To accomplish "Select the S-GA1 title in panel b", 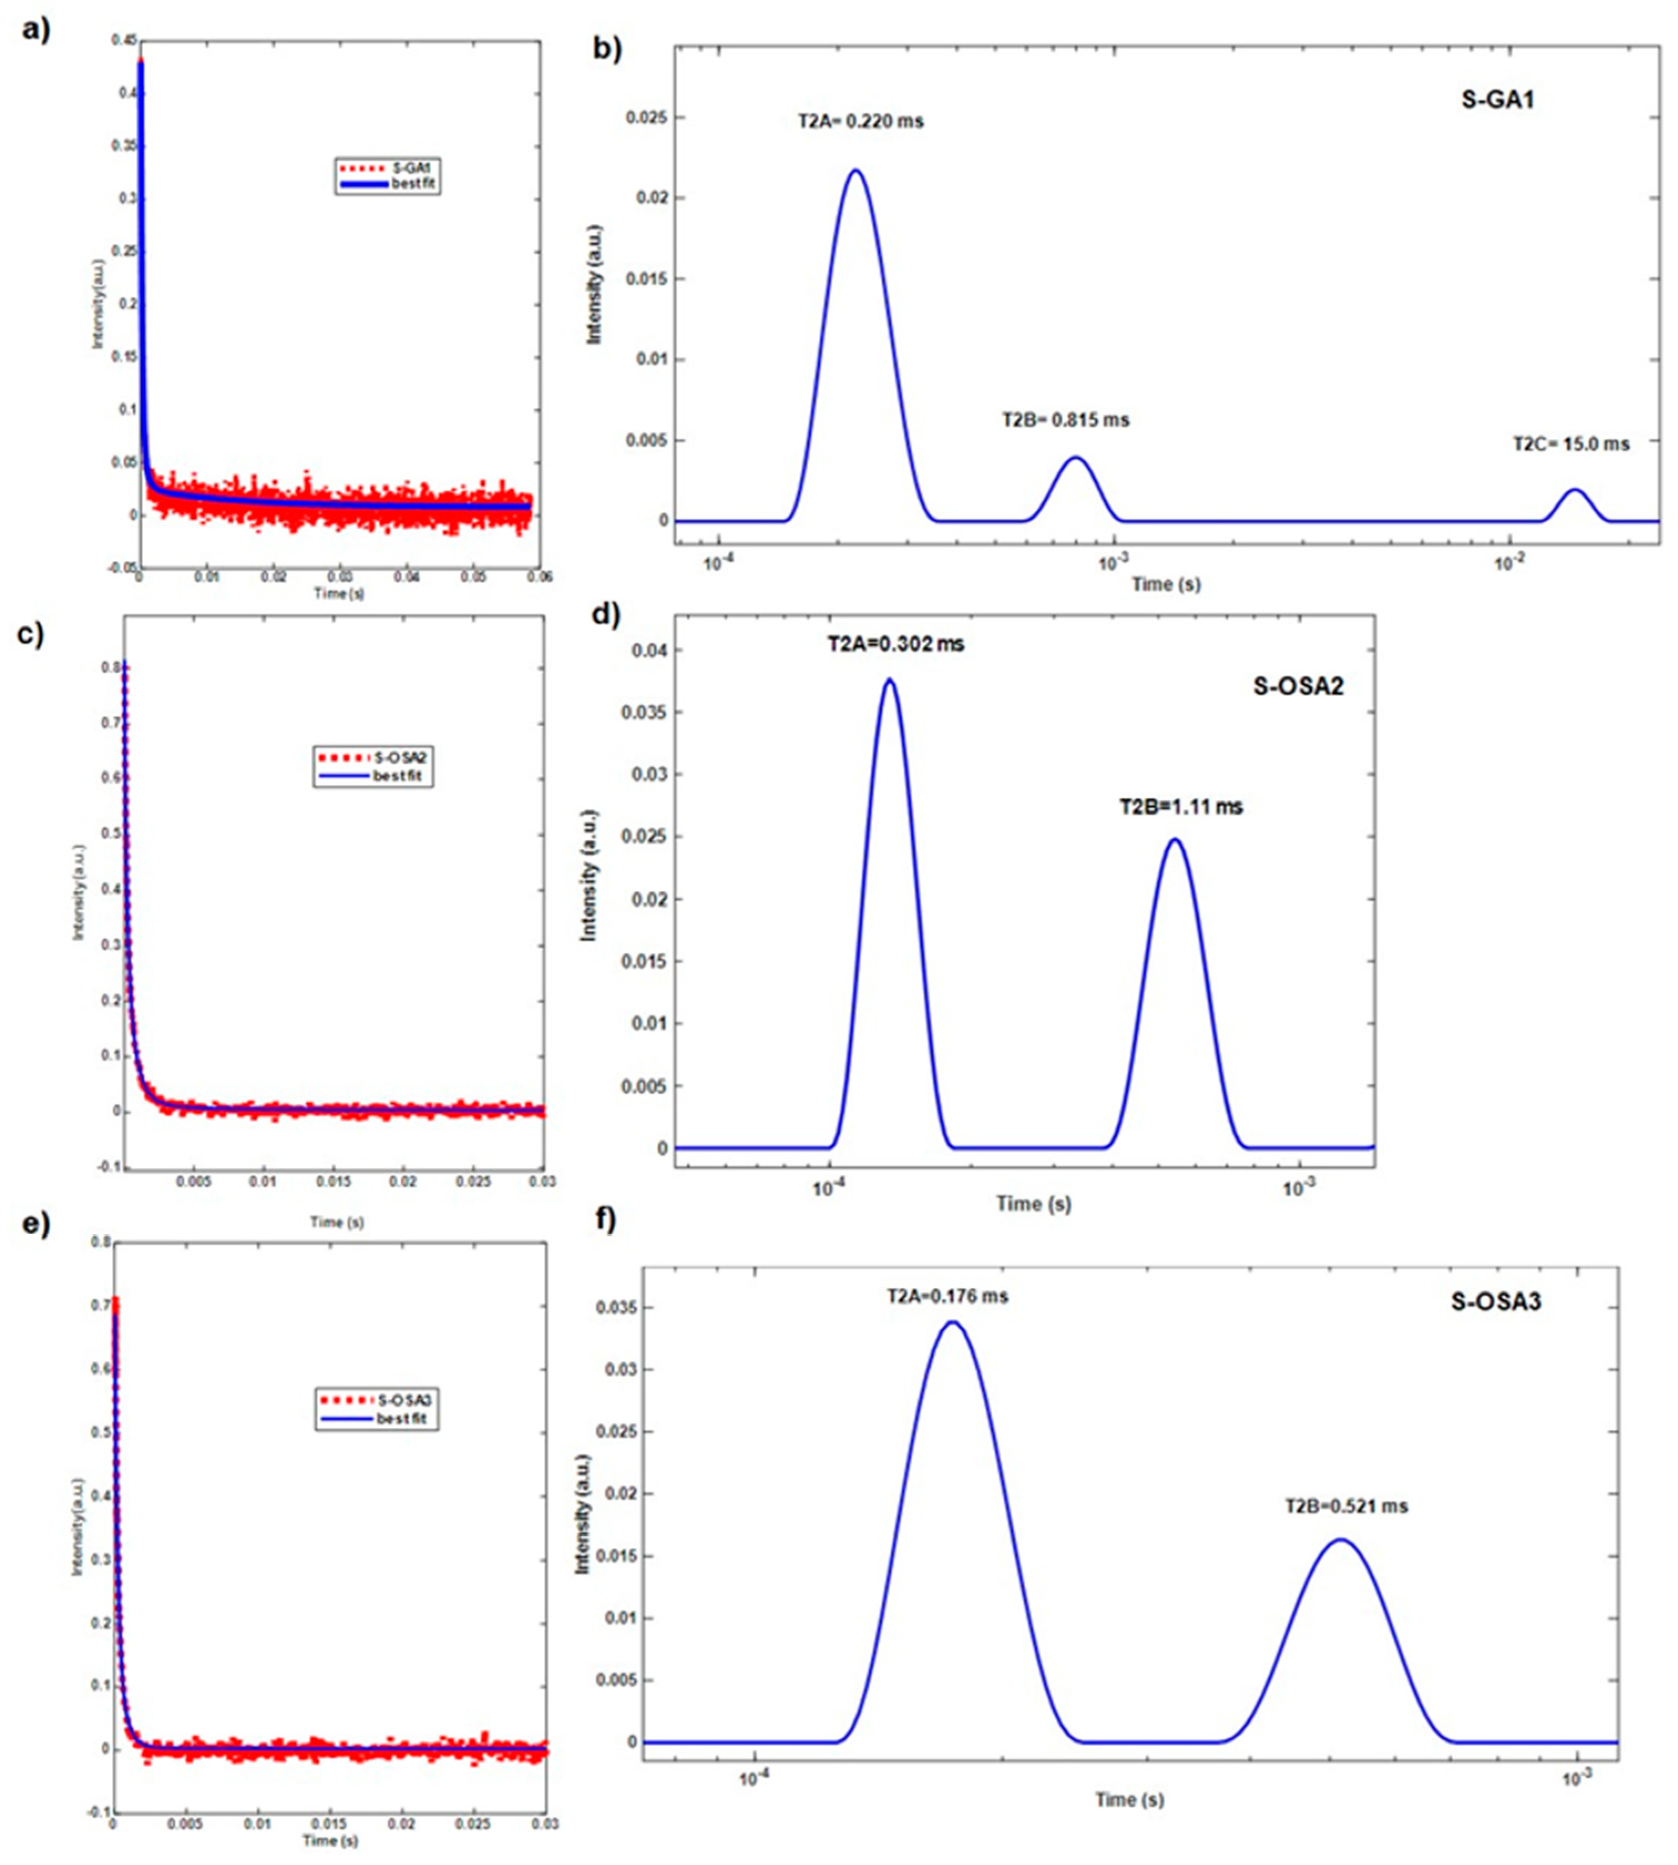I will pyautogui.click(x=1497, y=100).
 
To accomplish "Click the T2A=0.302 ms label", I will pyautogui.click(x=895, y=645).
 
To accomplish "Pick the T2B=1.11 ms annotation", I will pyautogui.click(x=1181, y=807).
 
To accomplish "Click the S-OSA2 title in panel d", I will pyautogui.click(x=1298, y=686).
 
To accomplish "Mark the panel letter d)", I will pyautogui.click(x=605, y=614).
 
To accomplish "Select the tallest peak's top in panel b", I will pyautogui.click(x=855, y=171).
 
